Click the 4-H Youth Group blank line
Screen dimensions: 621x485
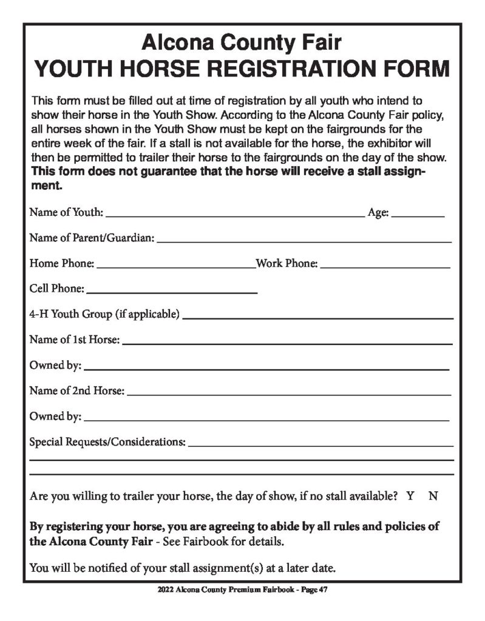pyautogui.click(x=317, y=317)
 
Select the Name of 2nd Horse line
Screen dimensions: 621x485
pyautogui.click(x=289, y=394)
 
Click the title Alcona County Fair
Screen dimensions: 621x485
pyautogui.click(x=242, y=42)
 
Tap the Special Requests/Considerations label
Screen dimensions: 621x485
pyautogui.click(x=107, y=441)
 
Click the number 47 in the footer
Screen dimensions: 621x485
pyautogui.click(x=323, y=589)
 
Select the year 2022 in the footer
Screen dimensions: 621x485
pyautogui.click(x=165, y=589)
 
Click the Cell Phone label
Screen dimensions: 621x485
pyautogui.click(x=56, y=289)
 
